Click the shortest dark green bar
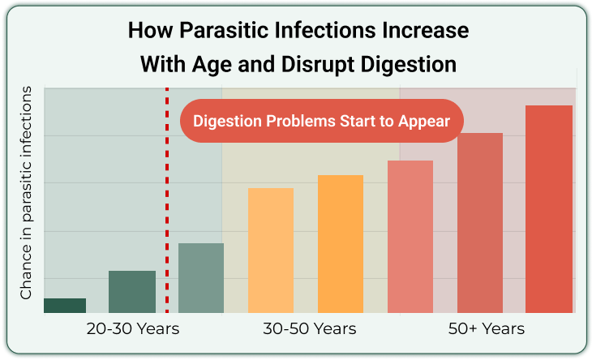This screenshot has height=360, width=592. [x=65, y=306]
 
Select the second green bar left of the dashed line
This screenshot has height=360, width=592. [x=132, y=292]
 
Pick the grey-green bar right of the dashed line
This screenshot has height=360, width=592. [x=201, y=278]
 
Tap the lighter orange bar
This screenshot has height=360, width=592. [x=271, y=251]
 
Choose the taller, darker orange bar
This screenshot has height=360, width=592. [x=341, y=244]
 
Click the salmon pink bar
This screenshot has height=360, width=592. [x=410, y=237]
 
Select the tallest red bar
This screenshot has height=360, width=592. [x=549, y=209]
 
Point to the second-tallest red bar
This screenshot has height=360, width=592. [x=480, y=223]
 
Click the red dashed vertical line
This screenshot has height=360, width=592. [x=167, y=200]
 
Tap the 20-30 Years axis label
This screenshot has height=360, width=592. [x=133, y=328]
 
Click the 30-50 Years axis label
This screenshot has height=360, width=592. [x=310, y=328]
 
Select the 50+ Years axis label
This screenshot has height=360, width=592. [x=487, y=328]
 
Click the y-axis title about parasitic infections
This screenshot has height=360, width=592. [x=26, y=193]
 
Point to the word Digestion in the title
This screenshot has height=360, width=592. [x=409, y=65]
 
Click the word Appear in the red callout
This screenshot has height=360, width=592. [x=424, y=122]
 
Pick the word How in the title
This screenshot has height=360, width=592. [x=151, y=30]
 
